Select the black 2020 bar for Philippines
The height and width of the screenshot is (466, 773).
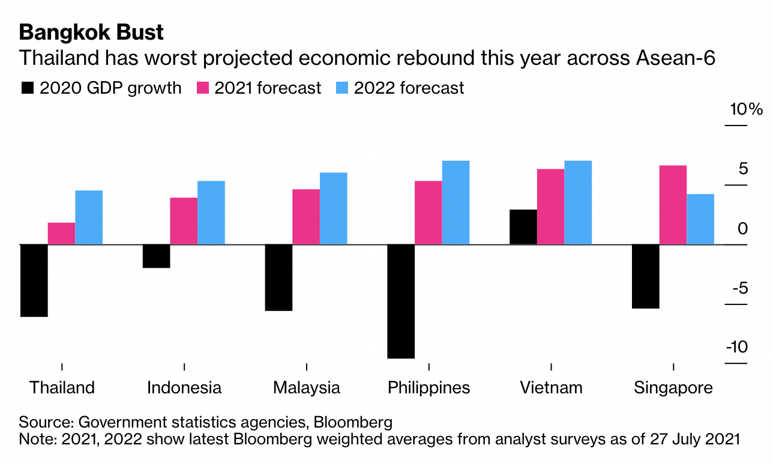click(x=401, y=301)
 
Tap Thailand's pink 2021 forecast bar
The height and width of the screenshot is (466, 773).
click(x=61, y=234)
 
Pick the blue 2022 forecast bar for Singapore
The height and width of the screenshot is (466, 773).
click(x=700, y=219)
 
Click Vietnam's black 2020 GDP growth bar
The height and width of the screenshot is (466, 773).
click(x=523, y=227)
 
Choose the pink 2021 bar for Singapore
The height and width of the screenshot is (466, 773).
click(x=673, y=205)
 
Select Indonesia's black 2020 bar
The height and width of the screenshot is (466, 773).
click(x=156, y=256)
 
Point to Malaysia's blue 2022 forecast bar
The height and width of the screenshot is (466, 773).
click(x=333, y=208)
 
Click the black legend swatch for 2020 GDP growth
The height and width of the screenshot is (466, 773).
click(x=28, y=88)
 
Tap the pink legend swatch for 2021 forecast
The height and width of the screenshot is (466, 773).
click(x=203, y=88)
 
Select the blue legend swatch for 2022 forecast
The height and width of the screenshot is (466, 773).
click(x=341, y=88)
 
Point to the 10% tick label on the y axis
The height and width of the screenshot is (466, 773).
click(x=745, y=109)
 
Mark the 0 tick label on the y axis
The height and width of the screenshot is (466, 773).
click(x=743, y=228)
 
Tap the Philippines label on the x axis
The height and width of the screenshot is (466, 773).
click(x=429, y=387)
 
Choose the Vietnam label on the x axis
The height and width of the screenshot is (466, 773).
click(x=551, y=387)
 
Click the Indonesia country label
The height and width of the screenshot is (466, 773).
click(x=184, y=387)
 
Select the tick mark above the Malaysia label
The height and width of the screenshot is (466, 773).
click(x=307, y=367)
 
